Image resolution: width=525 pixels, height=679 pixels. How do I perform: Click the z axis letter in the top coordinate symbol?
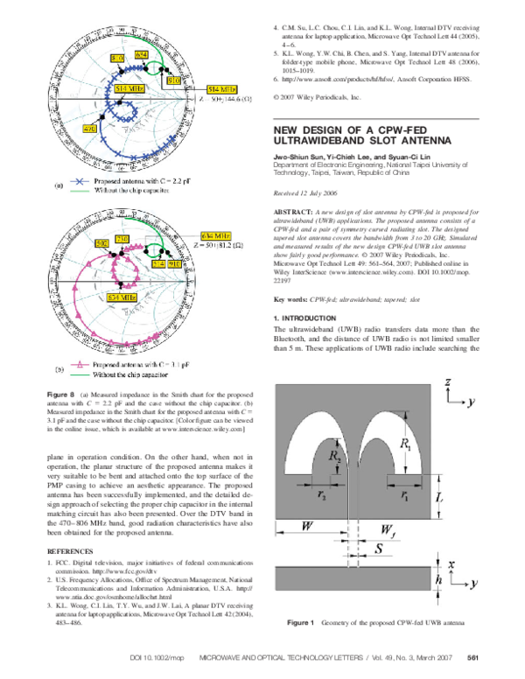click(x=447, y=382)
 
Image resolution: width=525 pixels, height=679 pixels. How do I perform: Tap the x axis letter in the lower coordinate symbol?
click(x=449, y=564)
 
